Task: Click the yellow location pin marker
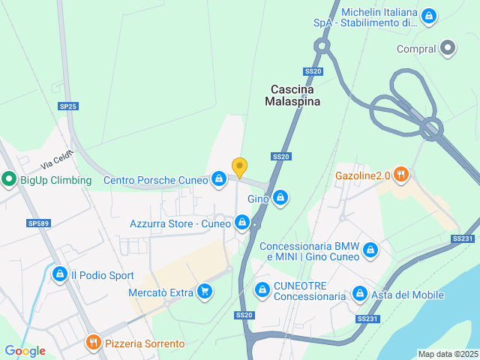click(239, 167)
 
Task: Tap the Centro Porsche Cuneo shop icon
click(218, 178)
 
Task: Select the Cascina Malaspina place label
click(295, 95)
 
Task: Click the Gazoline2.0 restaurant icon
click(401, 175)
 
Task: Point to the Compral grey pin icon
click(448, 49)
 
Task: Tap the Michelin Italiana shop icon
click(428, 15)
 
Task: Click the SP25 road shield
click(67, 106)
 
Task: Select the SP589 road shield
click(37, 223)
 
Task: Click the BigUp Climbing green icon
click(9, 179)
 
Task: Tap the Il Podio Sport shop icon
click(59, 274)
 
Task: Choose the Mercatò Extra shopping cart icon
click(204, 291)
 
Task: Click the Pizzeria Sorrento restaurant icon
click(93, 343)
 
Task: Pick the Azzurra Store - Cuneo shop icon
click(241, 223)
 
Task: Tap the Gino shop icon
click(280, 198)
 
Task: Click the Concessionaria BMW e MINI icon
click(370, 250)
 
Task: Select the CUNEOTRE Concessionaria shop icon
click(262, 289)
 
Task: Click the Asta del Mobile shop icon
click(359, 294)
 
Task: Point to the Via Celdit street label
click(58, 159)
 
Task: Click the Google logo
click(25, 351)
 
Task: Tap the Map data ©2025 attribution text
click(448, 354)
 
